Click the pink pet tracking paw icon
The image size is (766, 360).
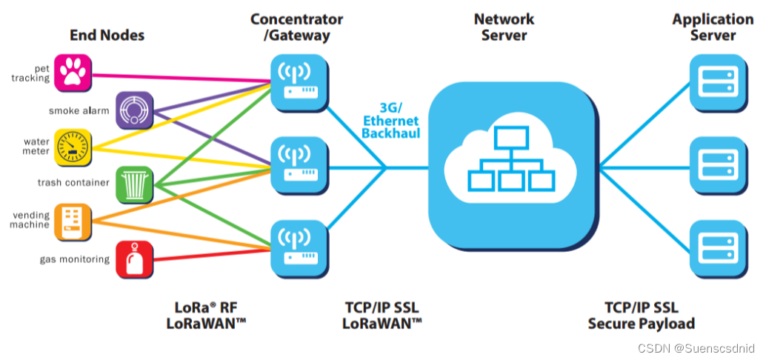(x=73, y=72)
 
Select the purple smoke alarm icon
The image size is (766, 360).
(x=134, y=110)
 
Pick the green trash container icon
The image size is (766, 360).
(x=134, y=184)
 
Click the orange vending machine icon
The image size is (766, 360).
(x=73, y=221)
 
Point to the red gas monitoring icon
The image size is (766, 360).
(x=134, y=259)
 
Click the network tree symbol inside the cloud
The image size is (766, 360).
(x=512, y=163)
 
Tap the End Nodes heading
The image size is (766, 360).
(x=107, y=35)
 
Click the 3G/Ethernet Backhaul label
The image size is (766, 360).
(x=390, y=121)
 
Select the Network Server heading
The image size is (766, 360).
(x=504, y=27)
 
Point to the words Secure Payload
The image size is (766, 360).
(x=641, y=324)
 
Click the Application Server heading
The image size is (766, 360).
(x=713, y=27)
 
